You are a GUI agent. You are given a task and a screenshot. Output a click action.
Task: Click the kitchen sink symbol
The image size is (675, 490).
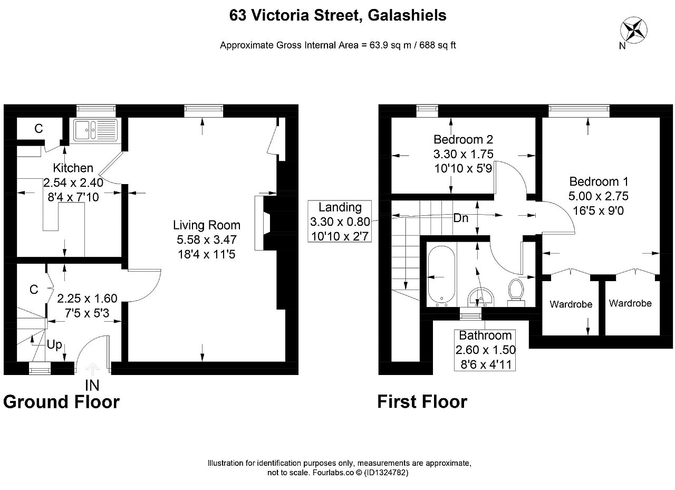click(x=96, y=130)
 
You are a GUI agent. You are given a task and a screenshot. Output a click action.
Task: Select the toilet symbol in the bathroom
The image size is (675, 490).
click(x=516, y=292)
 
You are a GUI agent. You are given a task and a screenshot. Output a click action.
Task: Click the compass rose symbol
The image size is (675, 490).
click(x=633, y=31)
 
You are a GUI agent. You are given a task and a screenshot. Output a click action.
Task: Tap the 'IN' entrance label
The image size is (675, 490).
click(x=92, y=386)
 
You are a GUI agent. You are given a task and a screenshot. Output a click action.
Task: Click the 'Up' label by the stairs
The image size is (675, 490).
click(x=54, y=344)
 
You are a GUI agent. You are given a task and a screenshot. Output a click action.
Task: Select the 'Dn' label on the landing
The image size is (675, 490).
click(x=461, y=218)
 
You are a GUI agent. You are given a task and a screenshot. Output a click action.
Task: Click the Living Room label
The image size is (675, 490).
click(x=206, y=225)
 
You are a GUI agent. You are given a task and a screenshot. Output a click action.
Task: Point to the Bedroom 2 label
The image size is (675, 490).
click(x=463, y=140)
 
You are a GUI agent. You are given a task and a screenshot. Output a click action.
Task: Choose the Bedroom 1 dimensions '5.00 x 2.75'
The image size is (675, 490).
click(x=598, y=196)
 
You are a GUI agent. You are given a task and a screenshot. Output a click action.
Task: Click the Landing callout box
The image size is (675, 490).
click(x=340, y=221)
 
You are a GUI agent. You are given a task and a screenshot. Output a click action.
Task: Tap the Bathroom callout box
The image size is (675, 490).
click(x=485, y=350)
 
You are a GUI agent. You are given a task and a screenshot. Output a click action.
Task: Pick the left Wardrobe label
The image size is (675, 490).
click(x=571, y=304)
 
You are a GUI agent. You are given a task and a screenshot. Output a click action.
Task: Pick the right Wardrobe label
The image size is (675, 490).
click(x=630, y=303)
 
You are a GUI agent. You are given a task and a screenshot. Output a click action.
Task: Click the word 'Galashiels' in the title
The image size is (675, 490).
click(x=407, y=15)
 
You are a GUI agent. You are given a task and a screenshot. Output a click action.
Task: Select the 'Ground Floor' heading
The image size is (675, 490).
click(x=62, y=402)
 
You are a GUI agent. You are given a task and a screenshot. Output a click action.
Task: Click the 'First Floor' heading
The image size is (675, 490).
click(x=422, y=402)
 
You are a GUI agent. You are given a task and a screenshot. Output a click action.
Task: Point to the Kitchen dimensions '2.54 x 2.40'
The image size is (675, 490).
click(x=73, y=182)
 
